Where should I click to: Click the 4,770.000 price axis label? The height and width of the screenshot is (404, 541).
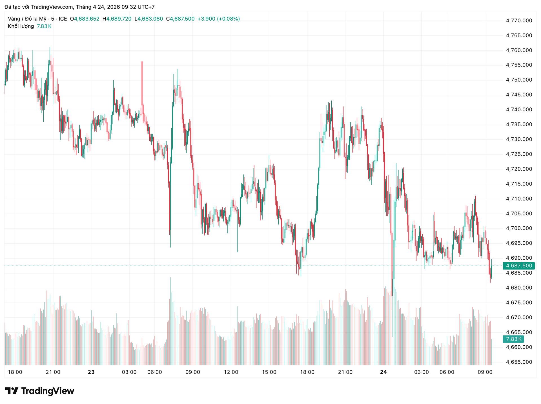(x=519, y=21)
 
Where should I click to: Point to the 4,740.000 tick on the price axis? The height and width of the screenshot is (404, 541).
(x=519, y=110)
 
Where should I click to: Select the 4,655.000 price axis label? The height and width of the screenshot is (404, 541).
(x=519, y=362)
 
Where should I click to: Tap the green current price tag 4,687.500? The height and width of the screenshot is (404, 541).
(x=519, y=266)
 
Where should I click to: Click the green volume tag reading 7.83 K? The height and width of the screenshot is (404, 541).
(x=513, y=339)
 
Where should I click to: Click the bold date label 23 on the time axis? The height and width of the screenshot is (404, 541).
(x=91, y=372)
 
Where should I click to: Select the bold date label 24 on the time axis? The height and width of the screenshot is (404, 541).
(x=383, y=372)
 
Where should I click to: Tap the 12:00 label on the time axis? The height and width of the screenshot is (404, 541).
(x=231, y=372)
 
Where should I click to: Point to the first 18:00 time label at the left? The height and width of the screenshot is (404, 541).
(x=15, y=372)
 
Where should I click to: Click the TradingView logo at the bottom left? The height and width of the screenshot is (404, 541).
(x=40, y=391)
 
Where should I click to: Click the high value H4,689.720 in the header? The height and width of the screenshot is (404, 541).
(x=117, y=19)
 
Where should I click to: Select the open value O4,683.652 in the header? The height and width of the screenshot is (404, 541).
(x=85, y=19)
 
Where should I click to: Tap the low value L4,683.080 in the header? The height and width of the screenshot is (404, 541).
(x=149, y=19)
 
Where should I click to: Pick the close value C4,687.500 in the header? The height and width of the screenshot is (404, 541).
(x=180, y=19)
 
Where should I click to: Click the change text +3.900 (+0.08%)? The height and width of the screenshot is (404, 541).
(x=219, y=19)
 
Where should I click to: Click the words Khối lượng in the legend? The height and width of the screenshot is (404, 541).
(x=21, y=26)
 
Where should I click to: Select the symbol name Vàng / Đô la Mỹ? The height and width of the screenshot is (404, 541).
(x=27, y=19)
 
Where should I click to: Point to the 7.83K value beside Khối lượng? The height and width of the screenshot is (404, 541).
(x=44, y=26)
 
